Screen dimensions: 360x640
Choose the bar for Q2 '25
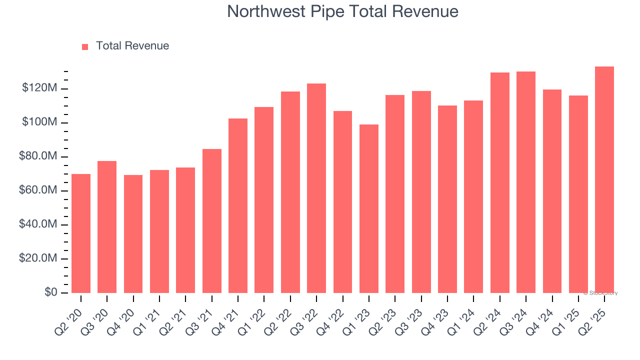tap(604, 180)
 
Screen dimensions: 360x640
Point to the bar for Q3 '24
tap(526, 182)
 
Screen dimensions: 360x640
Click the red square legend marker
tap(85, 46)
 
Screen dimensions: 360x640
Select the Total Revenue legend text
tap(132, 46)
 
